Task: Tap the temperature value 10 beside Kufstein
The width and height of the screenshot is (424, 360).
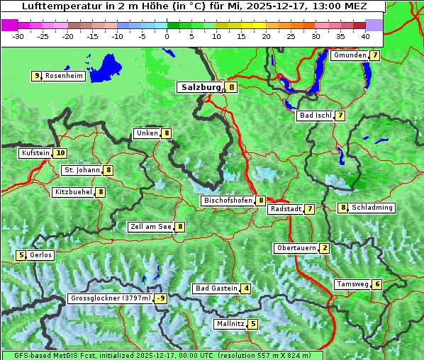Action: click(60, 152)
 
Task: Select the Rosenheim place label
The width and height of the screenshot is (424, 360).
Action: click(63, 76)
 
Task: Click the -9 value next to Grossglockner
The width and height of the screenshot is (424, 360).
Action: click(161, 298)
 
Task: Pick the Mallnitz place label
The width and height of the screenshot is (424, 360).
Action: click(230, 324)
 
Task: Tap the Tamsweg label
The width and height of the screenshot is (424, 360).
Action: click(352, 284)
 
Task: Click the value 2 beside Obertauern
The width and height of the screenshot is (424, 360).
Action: click(324, 248)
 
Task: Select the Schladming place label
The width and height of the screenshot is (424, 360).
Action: click(372, 208)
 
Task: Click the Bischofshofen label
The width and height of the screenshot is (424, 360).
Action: click(228, 201)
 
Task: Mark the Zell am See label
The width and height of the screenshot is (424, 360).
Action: click(150, 227)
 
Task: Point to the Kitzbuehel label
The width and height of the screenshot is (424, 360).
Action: click(73, 191)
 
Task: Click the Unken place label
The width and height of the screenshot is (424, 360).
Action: click(147, 133)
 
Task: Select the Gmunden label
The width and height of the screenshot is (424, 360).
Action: click(350, 55)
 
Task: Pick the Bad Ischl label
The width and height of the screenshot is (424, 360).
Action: click(315, 116)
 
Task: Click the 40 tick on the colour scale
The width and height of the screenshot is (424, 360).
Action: click(365, 35)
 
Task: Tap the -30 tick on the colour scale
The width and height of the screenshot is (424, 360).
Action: click(18, 35)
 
